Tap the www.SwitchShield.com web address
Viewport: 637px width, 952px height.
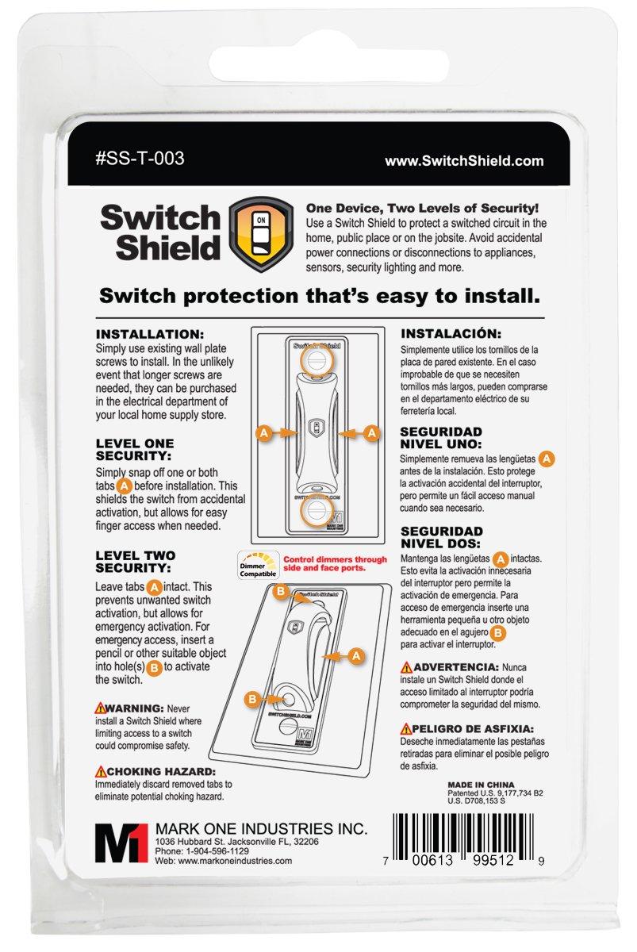pos(464,160)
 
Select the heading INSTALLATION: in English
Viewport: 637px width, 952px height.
pos(149,334)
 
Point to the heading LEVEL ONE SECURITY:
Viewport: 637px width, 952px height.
pos(134,450)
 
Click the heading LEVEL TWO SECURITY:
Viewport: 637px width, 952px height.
pos(135,562)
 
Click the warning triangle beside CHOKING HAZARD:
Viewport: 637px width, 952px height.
pos(101,770)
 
